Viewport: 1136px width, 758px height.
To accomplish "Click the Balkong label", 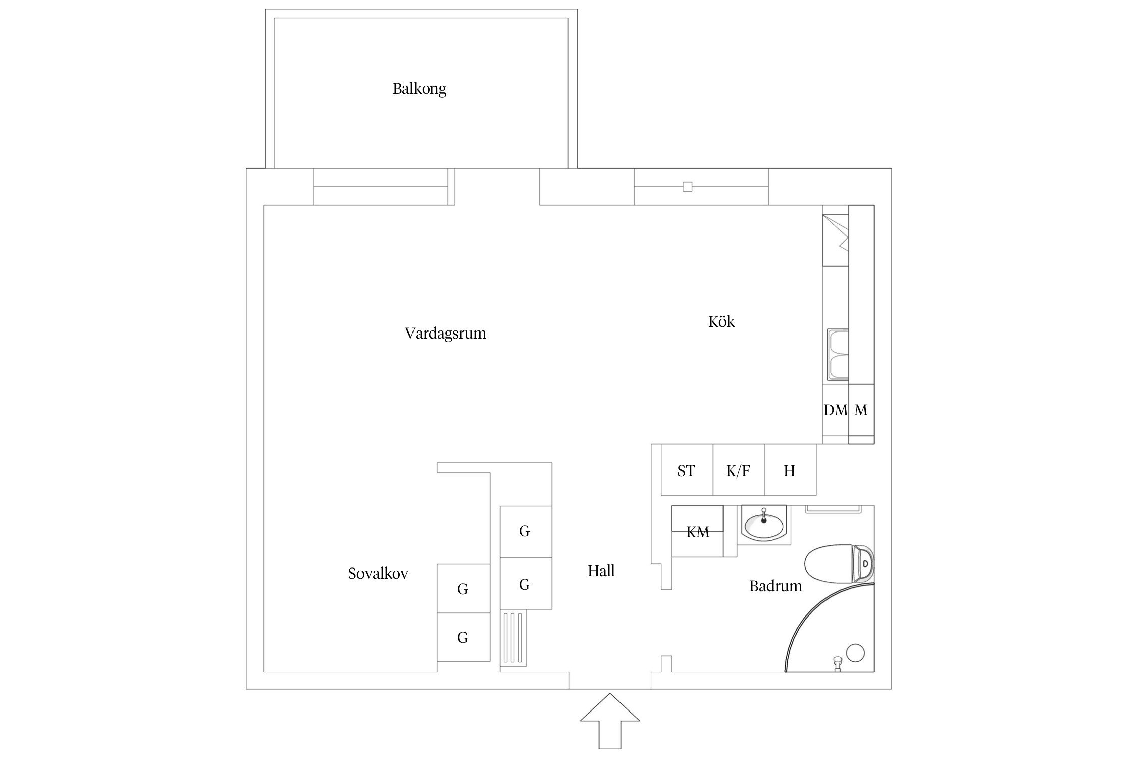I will (419, 89).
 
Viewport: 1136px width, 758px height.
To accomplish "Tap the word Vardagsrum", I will (445, 334).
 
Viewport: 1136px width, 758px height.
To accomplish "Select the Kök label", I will (720, 322).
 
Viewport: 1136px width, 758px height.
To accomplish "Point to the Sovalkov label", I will (378, 574).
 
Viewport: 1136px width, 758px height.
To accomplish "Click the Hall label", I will (601, 571).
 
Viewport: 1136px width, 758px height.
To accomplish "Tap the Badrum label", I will (775, 586).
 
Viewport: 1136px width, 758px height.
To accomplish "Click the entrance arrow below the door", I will (609, 728).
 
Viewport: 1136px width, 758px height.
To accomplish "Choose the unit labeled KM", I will (697, 532).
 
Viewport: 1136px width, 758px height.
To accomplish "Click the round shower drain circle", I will (855, 653).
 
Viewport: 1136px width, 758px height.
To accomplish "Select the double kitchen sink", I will (838, 354).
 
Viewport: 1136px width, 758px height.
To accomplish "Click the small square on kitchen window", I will (687, 187).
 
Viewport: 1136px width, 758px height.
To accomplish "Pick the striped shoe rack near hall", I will (513, 638).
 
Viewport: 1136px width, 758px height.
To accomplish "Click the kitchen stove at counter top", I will (835, 241).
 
